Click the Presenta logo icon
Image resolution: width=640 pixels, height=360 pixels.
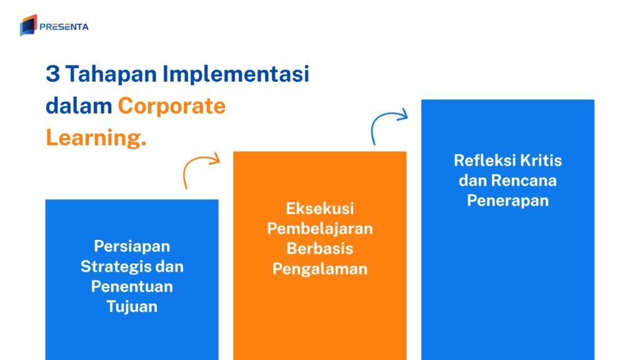(x=28, y=26)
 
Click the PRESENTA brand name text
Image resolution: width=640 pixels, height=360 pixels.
(x=64, y=27)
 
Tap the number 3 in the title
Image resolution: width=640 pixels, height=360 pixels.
(x=53, y=74)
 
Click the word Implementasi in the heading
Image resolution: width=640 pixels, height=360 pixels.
(x=236, y=74)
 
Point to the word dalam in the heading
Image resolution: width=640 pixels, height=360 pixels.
(x=78, y=106)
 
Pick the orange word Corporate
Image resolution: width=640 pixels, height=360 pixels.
(x=172, y=106)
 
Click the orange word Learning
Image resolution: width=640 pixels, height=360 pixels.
(x=96, y=138)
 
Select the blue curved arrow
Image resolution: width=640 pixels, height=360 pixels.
(x=388, y=124)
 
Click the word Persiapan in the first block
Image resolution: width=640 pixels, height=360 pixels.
(x=132, y=246)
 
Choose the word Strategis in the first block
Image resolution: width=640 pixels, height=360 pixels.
(x=115, y=266)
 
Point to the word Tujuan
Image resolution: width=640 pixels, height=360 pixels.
(x=132, y=307)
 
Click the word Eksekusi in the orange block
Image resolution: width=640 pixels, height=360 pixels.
(x=319, y=208)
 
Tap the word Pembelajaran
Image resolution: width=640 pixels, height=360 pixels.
(x=319, y=228)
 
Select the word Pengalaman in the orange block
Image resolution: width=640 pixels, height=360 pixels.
(x=319, y=269)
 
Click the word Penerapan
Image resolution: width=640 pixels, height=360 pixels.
(x=507, y=201)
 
